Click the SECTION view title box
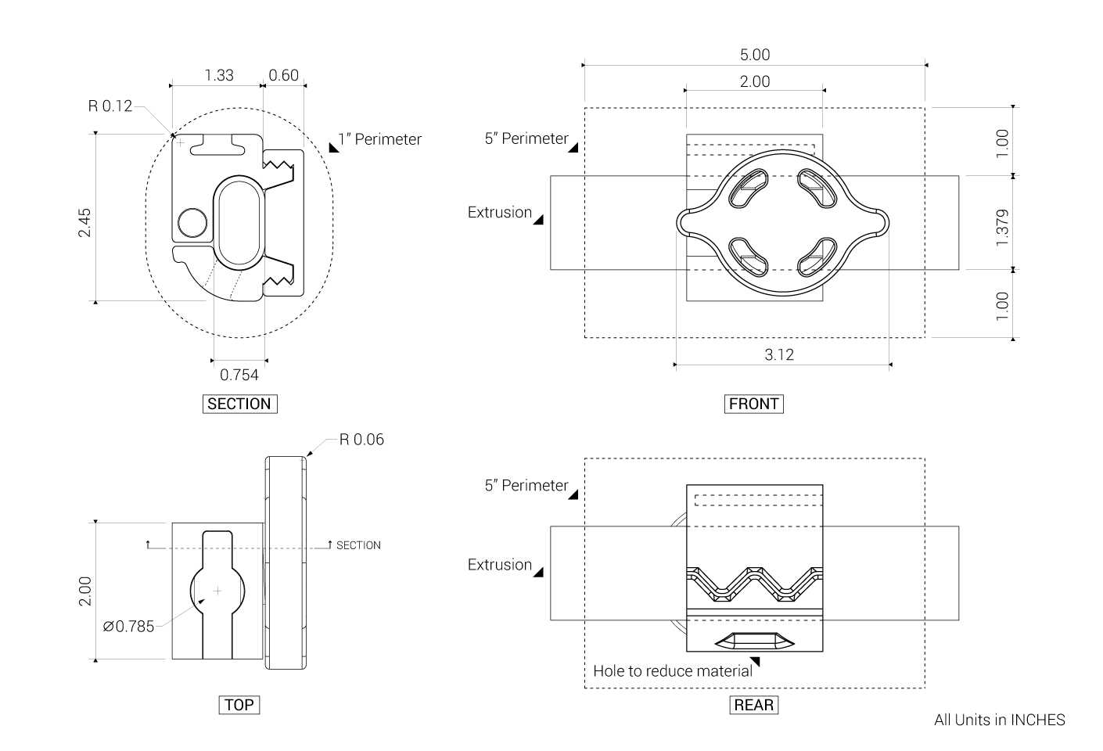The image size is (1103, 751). [240, 404]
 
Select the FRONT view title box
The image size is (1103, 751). [753, 404]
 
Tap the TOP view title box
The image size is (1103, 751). [239, 705]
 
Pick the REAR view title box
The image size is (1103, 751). [753, 705]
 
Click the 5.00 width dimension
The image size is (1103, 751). [755, 55]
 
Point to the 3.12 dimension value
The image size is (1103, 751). [779, 354]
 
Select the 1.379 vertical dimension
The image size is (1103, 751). [1003, 228]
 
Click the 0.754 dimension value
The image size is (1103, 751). [239, 375]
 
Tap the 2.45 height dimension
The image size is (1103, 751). [84, 223]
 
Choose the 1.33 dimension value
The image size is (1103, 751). [218, 75]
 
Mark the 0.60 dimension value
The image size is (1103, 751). [284, 75]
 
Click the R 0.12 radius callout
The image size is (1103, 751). [110, 106]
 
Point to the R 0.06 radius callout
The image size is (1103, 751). [361, 440]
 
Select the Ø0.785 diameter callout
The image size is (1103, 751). [128, 627]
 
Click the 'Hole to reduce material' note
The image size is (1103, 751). [673, 670]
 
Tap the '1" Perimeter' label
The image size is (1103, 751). [379, 139]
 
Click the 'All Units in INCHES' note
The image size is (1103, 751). [1000, 720]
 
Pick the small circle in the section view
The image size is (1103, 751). [192, 223]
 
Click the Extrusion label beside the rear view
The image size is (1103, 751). [500, 564]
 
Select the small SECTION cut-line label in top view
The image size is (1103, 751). [358, 545]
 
